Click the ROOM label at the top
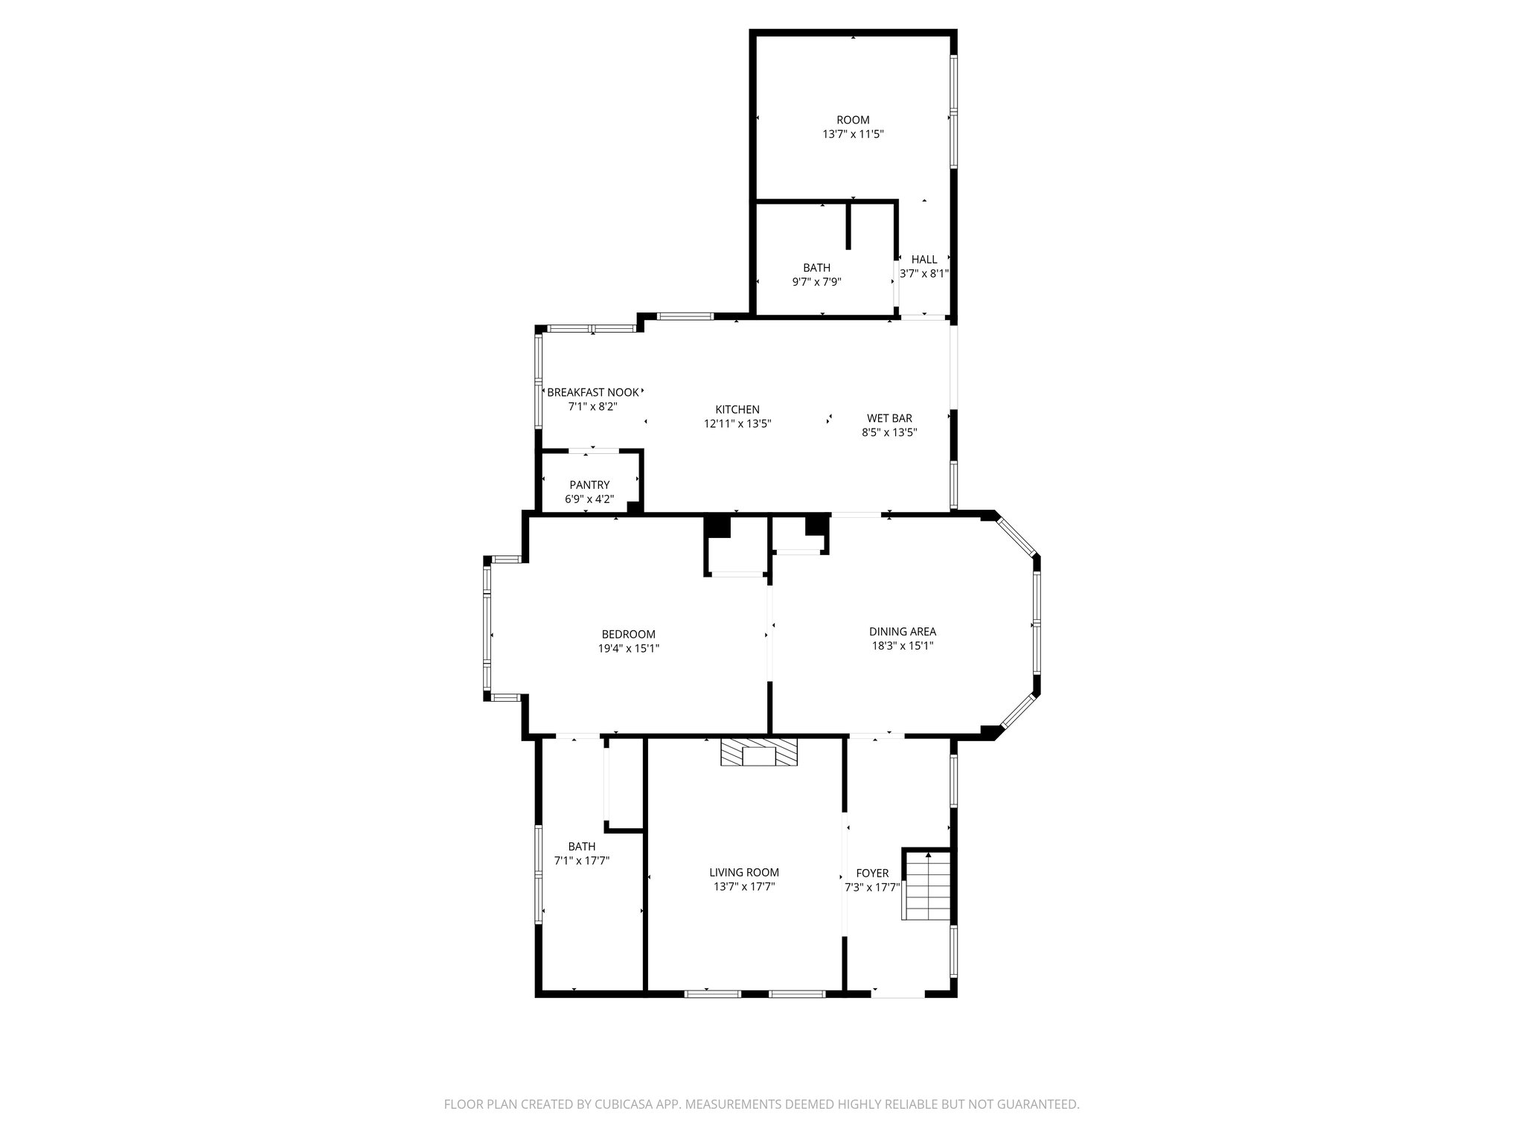(853, 120)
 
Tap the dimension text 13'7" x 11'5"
(853, 135)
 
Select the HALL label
(924, 259)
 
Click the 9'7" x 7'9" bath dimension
(816, 282)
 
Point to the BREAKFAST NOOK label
(592, 392)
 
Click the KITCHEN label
(737, 409)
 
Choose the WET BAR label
(889, 418)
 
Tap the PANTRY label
(589, 485)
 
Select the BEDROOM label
(628, 634)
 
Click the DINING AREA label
(903, 632)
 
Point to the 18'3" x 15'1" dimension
(903, 646)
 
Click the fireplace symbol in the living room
(758, 752)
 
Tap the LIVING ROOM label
(744, 872)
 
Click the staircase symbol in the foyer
(928, 885)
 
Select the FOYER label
(872, 873)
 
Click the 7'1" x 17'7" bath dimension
(582, 860)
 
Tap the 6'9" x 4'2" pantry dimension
(589, 499)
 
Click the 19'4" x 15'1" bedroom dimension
(628, 648)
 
